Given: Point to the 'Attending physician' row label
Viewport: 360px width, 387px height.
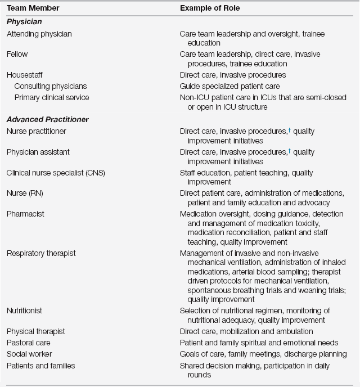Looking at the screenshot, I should tap(39, 34).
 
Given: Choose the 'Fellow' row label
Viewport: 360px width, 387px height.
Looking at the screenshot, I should tap(17, 55).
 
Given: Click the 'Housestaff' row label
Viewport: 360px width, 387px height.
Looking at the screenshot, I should tap(25, 75).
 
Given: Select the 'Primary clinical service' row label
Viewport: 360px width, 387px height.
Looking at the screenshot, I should tap(52, 97).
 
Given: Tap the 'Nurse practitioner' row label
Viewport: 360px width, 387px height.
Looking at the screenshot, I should tap(37, 131).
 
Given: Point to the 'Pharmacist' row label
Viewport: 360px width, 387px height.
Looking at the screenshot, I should tap(25, 214).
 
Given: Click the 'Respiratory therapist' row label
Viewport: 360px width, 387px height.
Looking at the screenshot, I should tap(41, 253).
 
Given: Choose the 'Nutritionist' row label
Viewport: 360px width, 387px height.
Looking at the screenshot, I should tap(25, 310).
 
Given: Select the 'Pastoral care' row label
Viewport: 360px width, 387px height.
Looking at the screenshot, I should tap(29, 343).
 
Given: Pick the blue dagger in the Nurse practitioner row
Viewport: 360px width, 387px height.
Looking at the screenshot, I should tap(289, 130).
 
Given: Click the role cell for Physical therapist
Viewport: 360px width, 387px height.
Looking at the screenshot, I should tap(246, 331).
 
